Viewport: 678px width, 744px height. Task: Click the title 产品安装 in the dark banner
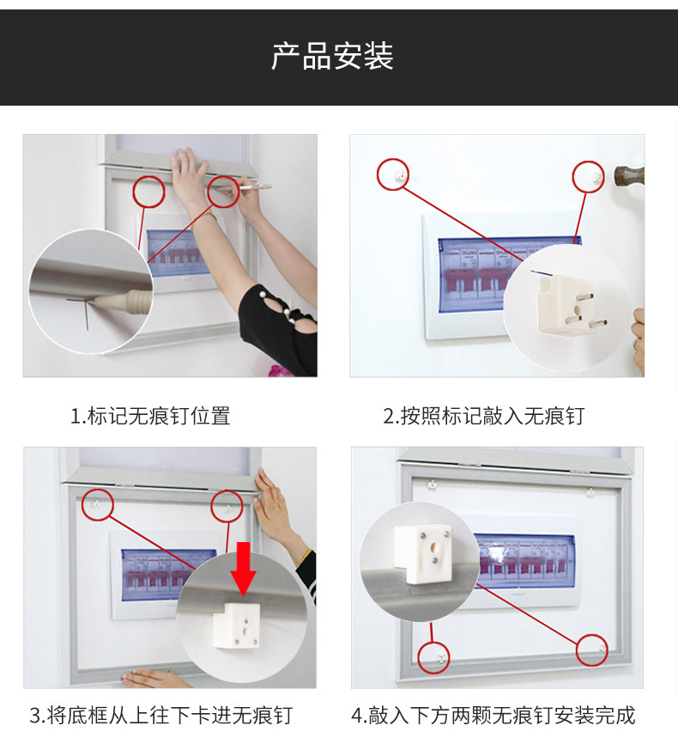(x=332, y=56)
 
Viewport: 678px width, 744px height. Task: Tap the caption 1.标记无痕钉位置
(x=150, y=416)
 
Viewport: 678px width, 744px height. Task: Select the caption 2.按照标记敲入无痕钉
(x=483, y=416)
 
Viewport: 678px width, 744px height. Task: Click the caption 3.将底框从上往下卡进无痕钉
(x=161, y=716)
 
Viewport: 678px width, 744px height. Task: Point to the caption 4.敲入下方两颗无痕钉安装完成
(x=493, y=716)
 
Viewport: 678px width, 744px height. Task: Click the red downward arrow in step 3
(x=243, y=569)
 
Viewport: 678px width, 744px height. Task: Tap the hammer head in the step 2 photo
(x=629, y=175)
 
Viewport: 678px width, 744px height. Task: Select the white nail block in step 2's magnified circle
(x=566, y=306)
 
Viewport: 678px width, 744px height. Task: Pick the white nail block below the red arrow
(x=236, y=625)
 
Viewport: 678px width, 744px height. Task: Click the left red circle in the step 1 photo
(x=148, y=192)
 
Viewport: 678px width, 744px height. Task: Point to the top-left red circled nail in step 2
(x=393, y=174)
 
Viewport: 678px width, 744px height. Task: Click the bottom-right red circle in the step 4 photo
(x=591, y=649)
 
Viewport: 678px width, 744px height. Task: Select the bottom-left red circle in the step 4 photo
(x=433, y=657)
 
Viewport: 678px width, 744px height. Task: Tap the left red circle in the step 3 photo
(x=97, y=504)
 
